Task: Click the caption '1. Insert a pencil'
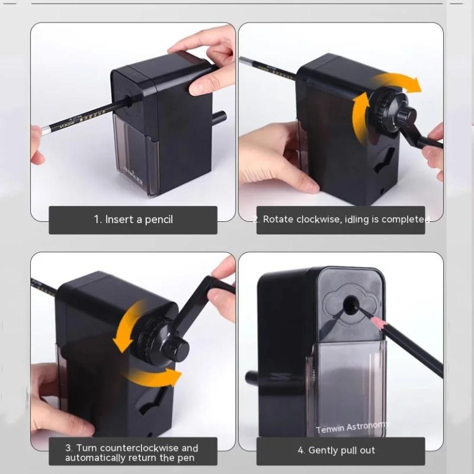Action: tap(133, 220)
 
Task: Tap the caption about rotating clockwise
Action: tap(341, 220)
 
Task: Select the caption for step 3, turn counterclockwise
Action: tap(132, 453)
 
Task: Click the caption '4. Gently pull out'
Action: tap(341, 450)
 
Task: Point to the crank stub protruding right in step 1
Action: tap(219, 117)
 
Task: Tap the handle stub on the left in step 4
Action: tap(255, 377)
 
